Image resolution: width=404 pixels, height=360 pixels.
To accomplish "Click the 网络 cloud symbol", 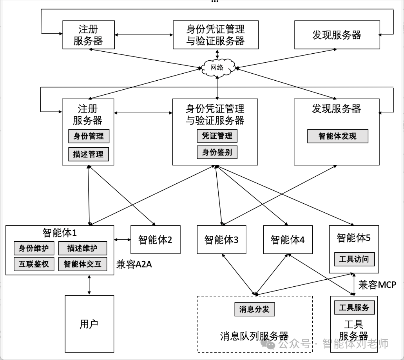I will coord(217,67).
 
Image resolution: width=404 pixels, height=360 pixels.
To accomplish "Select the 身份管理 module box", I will coord(89,136).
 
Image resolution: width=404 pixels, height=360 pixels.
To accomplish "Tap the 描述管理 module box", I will coord(89,154).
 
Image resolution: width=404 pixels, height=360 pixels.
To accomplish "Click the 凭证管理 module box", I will coord(217,136).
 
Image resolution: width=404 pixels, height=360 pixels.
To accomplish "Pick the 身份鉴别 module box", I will coord(217,152).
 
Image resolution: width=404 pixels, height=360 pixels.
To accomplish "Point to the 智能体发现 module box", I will coord(337,136).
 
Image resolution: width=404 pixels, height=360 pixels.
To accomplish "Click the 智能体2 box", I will coord(155,240).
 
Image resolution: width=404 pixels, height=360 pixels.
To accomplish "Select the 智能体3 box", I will coord(221,240).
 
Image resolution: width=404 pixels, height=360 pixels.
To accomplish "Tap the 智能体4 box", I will coord(288,240).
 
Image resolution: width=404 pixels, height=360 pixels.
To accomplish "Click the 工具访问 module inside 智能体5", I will coord(354,259).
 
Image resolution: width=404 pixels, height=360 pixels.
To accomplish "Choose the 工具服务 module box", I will coord(354,308).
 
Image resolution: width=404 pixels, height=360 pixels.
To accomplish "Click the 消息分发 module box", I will coord(254,309).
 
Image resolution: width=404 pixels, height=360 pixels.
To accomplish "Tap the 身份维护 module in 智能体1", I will coord(34,248).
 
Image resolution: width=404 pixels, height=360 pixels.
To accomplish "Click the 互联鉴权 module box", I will coord(34,264).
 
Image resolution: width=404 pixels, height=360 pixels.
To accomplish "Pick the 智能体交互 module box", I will coord(82,264).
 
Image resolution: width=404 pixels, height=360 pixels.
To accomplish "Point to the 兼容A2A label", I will coord(134,265).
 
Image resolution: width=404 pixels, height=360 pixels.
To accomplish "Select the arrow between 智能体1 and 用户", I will coord(90,285).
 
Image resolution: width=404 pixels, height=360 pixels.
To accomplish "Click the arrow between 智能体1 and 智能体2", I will coord(122,239).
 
